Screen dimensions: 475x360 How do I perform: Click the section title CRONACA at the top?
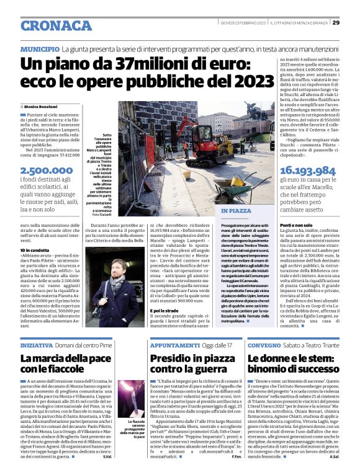click(x=56, y=25)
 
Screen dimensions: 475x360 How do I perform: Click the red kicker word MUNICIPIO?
click(x=40, y=48)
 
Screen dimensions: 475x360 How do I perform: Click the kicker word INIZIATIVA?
click(x=36, y=344)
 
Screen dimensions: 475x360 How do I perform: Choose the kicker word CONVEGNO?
click(x=265, y=344)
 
